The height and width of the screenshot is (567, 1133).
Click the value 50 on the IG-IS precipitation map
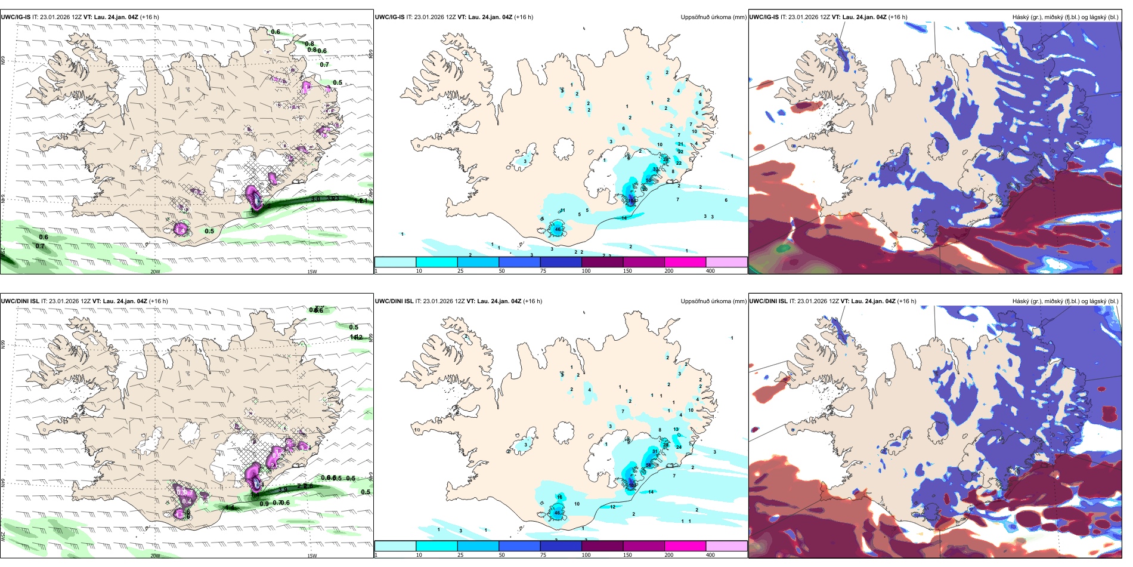click(648, 180)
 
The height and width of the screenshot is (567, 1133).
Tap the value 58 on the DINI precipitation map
click(648, 465)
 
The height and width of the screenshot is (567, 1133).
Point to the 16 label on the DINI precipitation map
click(559, 497)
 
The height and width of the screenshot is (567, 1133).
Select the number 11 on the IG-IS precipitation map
click(562, 211)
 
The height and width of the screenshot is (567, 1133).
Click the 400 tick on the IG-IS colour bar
click(710, 271)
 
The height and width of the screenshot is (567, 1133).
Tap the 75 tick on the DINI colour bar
click(543, 555)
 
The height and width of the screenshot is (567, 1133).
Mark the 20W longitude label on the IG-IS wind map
click(155, 272)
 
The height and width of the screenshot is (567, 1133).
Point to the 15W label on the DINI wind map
click(312, 556)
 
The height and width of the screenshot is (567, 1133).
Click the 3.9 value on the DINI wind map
click(283, 489)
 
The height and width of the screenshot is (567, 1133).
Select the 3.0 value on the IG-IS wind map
click(316, 199)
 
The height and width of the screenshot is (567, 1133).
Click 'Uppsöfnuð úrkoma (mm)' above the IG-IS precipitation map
click(713, 17)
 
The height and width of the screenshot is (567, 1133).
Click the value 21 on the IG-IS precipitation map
click(680, 144)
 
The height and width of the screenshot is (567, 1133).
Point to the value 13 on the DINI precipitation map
click(676, 429)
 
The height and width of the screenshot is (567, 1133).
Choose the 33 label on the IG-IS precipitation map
click(655, 170)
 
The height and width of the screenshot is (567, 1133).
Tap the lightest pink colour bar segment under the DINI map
click(726, 546)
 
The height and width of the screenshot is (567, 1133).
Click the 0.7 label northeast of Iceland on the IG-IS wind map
click(324, 64)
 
